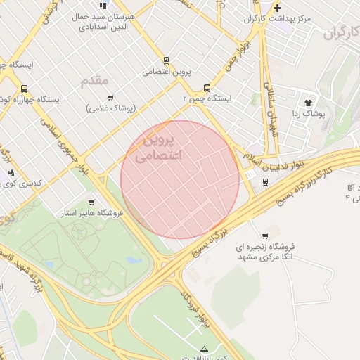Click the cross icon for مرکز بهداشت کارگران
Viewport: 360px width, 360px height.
click(278, 8)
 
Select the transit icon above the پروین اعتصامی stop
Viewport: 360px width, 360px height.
click(166, 60)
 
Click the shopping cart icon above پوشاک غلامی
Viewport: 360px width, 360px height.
click(110, 97)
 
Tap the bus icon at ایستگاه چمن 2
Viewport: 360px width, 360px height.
click(207, 88)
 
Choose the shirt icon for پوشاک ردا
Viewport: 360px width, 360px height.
click(307, 101)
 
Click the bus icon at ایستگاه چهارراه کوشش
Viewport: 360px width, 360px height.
click(25, 89)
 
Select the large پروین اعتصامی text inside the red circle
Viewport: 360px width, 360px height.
click(157, 148)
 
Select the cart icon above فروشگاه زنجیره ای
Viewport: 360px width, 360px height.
click(265, 236)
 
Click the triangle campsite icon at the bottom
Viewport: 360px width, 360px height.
click(205, 349)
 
